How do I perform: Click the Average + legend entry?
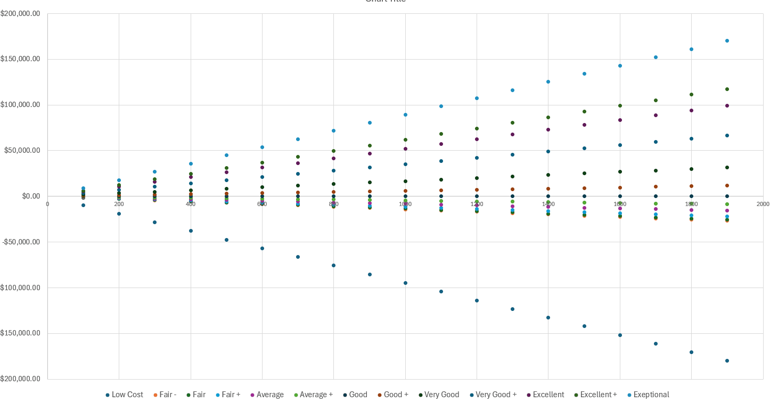point(315,395)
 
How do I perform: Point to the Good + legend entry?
point(396,395)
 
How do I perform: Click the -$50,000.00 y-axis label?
point(20,242)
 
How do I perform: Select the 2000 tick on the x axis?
point(763,204)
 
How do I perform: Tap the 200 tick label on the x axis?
point(119,204)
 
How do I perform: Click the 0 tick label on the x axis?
point(47,204)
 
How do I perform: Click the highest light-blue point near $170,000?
point(727,40)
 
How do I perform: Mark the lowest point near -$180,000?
point(727,360)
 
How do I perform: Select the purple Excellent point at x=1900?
point(727,105)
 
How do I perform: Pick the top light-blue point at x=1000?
point(405,114)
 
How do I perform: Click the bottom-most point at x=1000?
point(405,283)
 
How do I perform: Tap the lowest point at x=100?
point(83,205)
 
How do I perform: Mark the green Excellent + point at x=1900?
point(727,89)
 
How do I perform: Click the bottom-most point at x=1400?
point(548,317)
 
